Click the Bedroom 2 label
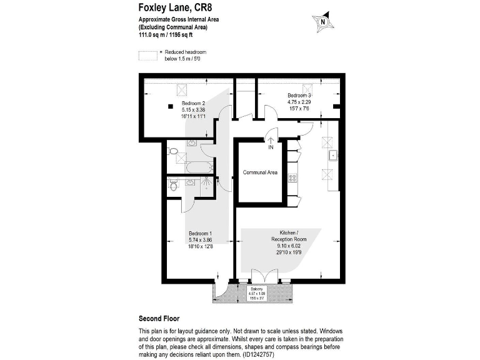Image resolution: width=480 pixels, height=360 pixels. pos(193,103)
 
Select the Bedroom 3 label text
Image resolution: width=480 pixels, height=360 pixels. pos(299,95)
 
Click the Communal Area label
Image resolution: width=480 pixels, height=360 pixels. pos(260,172)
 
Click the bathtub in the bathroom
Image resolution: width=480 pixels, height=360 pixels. pos(197,167)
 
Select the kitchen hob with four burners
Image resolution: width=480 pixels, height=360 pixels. pos(292,178)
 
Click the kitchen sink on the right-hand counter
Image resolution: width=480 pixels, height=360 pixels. pos(332,155)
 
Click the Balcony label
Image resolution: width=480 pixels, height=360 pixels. pos(257,289)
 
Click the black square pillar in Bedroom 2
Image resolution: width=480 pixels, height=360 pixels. pos(171,106)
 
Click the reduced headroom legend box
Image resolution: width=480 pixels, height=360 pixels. pos(149,54)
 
